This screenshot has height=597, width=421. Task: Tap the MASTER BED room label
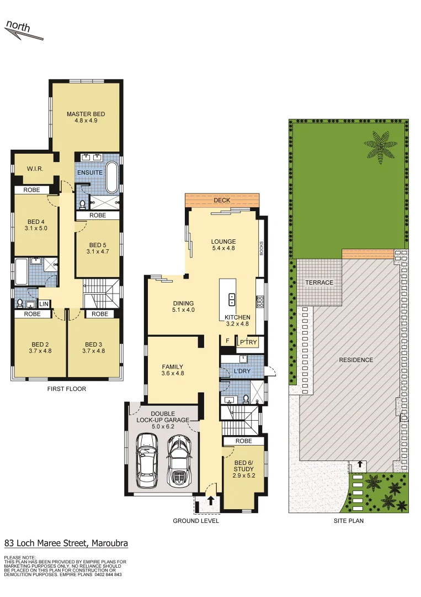(86, 114)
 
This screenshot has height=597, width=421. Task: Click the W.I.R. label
(35, 169)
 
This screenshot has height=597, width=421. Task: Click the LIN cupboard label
(44, 304)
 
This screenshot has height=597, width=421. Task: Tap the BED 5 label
(97, 245)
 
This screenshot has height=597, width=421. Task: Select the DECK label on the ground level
(222, 200)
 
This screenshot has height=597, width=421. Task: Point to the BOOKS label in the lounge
(262, 248)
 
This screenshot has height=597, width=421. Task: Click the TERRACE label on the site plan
(319, 282)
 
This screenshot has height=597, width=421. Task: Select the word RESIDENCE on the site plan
(356, 360)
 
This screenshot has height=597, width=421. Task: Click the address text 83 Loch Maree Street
(66, 543)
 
